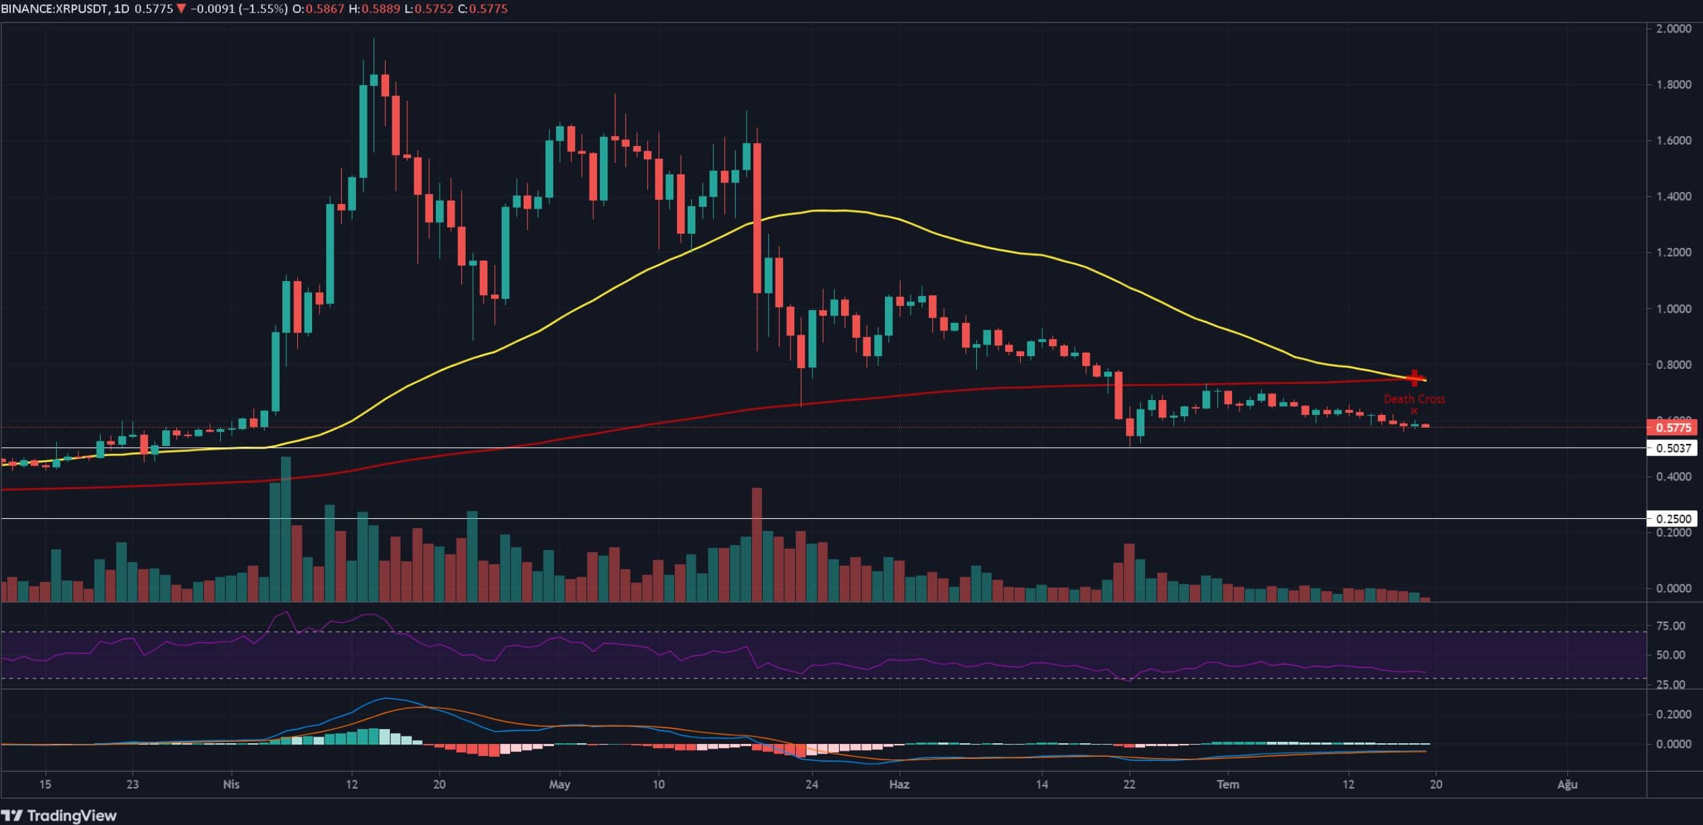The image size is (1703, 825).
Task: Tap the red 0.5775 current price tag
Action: click(1672, 427)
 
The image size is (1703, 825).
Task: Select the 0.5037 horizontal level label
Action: click(1672, 448)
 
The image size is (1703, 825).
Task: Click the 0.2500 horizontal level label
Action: click(1672, 519)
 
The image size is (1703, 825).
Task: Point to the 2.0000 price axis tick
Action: click(1673, 28)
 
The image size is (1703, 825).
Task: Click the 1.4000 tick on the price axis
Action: click(1673, 197)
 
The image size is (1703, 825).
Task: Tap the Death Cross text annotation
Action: click(1414, 399)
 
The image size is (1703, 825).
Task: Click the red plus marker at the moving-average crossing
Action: click(1414, 378)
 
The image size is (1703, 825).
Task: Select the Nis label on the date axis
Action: click(231, 784)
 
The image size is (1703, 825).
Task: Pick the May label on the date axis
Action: click(559, 784)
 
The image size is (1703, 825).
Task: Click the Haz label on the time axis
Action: click(899, 784)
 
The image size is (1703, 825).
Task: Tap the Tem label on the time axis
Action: click(1227, 784)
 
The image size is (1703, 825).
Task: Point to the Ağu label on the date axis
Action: click(1567, 784)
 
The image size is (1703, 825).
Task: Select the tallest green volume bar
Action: click(286, 529)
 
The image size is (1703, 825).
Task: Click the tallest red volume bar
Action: click(757, 544)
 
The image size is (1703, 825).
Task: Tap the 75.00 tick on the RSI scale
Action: click(1671, 626)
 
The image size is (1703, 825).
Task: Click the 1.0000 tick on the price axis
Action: click(1673, 309)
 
